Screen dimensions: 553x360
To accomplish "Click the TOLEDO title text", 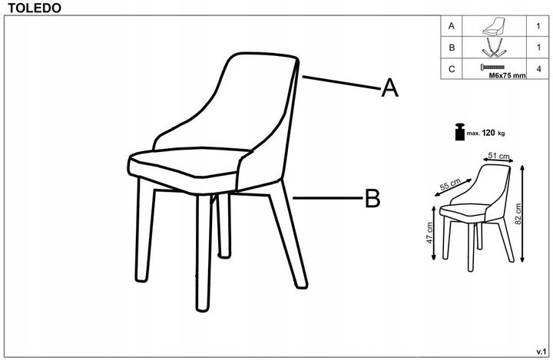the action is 35,8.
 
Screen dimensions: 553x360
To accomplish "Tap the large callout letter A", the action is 389,88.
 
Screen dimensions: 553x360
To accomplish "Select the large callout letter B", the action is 373,198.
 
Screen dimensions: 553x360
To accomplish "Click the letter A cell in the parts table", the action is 452,26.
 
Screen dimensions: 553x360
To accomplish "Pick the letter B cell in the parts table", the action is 452,48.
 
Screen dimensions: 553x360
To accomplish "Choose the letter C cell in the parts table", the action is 452,69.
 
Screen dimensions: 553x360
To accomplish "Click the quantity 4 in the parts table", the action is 538,69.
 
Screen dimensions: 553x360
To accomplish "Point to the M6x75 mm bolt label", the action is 507,75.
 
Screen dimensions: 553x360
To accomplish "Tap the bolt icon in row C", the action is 492,67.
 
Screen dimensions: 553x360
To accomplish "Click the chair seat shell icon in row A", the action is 494,26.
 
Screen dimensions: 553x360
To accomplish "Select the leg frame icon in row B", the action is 494,48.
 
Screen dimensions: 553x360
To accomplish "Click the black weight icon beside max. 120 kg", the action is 460,132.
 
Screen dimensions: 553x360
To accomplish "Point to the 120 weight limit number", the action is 488,133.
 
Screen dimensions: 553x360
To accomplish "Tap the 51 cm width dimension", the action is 498,156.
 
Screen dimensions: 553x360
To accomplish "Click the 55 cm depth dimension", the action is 450,184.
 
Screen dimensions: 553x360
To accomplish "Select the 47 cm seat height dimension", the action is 429,233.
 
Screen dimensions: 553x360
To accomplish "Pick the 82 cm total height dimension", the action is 518,213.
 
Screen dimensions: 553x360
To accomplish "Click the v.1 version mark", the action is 541,352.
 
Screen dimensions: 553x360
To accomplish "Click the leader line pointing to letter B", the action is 328,198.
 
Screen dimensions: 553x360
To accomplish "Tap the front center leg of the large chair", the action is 204,253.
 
